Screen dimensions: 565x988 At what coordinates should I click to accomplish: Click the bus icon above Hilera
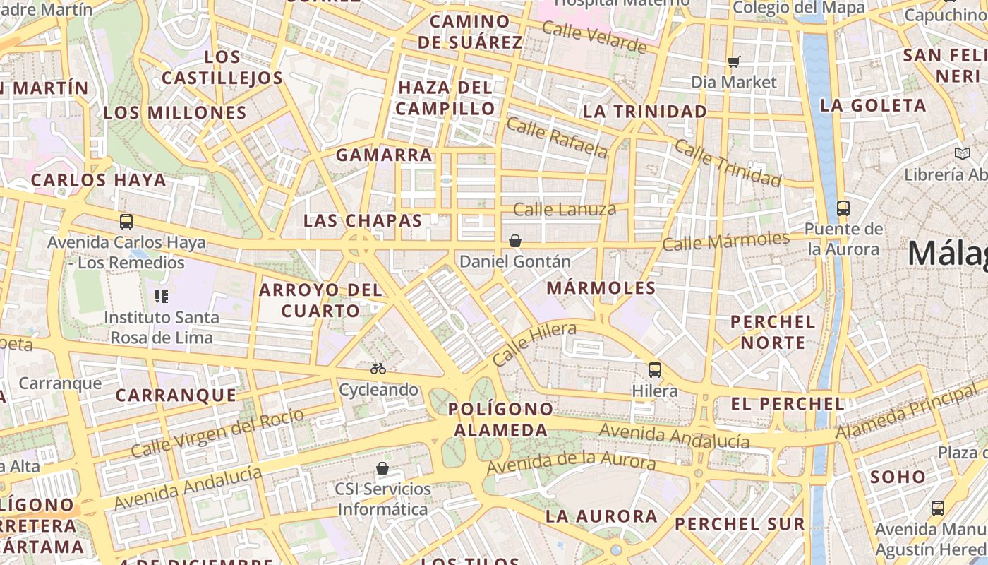click(655, 369)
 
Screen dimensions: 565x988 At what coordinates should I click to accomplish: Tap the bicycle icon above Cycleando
click(378, 369)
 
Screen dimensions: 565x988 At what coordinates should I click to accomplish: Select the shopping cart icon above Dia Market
click(734, 61)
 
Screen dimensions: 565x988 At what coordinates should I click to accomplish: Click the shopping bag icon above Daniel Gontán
click(515, 241)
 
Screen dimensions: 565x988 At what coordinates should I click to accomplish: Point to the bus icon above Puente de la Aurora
click(843, 208)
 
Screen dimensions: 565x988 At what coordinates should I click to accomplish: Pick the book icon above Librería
click(962, 153)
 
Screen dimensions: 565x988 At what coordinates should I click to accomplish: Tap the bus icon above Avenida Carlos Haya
click(126, 222)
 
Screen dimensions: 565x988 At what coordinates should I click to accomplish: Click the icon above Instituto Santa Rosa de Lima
click(161, 297)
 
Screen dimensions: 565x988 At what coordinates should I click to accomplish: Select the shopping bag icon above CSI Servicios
click(382, 468)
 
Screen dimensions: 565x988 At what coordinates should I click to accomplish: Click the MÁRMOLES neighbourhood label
click(601, 288)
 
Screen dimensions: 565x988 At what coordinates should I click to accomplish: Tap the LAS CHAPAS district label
click(363, 220)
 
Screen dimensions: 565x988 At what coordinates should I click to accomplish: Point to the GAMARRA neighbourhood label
click(384, 155)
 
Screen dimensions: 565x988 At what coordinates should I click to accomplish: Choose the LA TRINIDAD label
click(645, 112)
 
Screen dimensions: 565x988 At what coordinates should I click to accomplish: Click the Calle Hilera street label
click(534, 344)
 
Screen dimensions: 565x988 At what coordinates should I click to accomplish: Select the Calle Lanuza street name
click(565, 209)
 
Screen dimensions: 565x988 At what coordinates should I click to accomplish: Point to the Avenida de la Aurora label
click(572, 463)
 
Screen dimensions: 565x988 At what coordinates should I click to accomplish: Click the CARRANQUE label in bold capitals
click(176, 395)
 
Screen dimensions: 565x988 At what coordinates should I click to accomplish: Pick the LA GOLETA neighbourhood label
click(873, 106)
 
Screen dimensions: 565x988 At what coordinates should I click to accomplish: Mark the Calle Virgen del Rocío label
click(217, 432)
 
